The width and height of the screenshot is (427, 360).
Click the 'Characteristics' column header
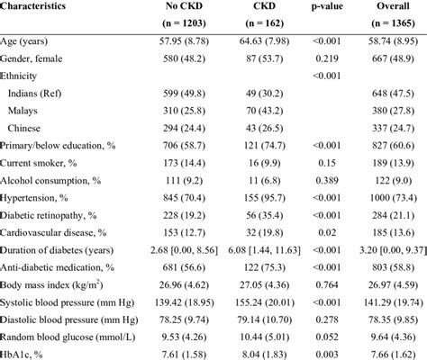[32, 6]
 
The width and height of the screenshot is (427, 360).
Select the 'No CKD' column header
[184, 6]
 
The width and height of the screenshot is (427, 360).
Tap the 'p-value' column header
[327, 6]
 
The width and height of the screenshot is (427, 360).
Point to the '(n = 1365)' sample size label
[393, 23]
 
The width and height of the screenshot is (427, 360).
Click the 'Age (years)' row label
[23, 41]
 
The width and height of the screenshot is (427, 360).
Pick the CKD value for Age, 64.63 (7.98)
[264, 40]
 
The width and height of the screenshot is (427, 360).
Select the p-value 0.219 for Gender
[327, 58]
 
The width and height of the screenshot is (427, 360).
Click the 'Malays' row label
[23, 111]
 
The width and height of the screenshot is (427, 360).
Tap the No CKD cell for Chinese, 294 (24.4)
[184, 129]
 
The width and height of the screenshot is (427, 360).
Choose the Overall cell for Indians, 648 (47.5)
[393, 94]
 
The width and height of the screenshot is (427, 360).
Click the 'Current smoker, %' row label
[38, 163]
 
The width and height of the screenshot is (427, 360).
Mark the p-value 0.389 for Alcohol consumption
[327, 180]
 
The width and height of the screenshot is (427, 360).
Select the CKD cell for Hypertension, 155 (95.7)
[264, 198]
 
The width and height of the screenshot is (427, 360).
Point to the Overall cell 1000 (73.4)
[393, 198]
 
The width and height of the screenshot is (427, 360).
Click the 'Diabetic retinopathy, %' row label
[48, 215]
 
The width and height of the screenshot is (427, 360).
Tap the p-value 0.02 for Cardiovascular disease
[327, 232]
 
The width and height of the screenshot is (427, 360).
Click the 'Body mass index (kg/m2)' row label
[51, 284]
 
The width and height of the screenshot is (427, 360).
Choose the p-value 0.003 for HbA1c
[327, 355]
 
